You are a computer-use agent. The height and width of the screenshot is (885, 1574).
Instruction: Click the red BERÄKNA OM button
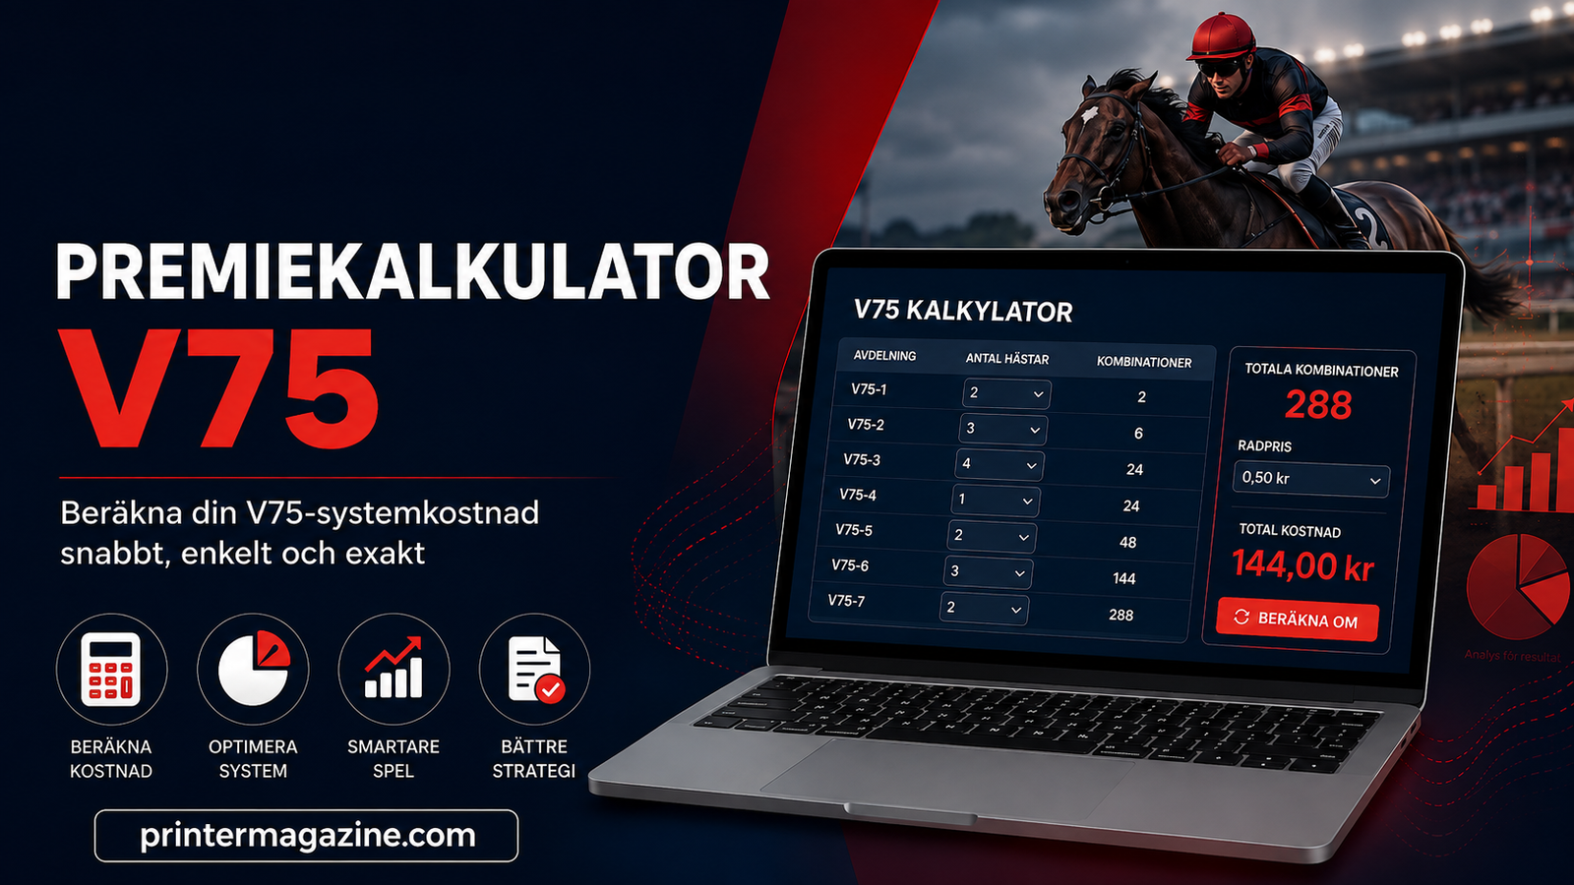tap(1298, 619)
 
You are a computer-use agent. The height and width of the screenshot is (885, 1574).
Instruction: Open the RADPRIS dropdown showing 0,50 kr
tap(1311, 480)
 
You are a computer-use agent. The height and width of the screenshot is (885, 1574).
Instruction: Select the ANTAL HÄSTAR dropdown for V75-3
tap(999, 464)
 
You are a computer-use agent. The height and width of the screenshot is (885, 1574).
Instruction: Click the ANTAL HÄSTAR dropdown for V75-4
tap(996, 501)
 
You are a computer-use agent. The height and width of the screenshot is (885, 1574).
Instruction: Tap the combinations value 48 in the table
tap(1127, 542)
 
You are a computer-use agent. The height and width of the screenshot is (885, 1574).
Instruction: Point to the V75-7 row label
tap(846, 601)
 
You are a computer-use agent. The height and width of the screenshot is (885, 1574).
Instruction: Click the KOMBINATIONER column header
tap(1144, 363)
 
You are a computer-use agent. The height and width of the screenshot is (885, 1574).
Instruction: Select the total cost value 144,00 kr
tap(1302, 565)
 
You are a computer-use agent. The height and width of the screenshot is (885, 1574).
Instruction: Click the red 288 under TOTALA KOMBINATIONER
tap(1318, 404)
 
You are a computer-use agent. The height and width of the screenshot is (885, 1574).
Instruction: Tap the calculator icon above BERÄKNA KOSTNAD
tap(111, 669)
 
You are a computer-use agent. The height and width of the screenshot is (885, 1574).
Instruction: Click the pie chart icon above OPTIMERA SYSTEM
tap(254, 668)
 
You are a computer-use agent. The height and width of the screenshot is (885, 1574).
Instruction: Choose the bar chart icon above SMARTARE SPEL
tap(393, 668)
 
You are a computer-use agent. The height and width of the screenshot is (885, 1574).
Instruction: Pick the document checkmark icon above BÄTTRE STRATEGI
tap(535, 670)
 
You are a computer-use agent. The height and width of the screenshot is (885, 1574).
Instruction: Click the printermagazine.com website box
tap(306, 836)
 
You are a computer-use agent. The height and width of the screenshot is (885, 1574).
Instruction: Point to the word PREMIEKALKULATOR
tap(412, 271)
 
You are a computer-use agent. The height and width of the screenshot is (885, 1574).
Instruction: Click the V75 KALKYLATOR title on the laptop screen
tap(963, 311)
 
